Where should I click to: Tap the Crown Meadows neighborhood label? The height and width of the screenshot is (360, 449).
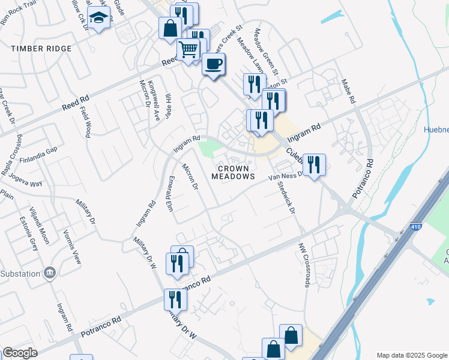click(234, 173)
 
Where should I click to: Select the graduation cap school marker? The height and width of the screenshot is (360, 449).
click(98, 17)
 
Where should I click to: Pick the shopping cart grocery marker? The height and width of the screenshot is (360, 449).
click(188, 50)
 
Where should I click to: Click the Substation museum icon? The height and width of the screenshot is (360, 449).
click(50, 273)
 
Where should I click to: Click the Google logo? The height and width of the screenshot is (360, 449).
click(20, 353)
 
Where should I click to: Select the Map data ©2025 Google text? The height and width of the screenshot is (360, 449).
click(411, 355)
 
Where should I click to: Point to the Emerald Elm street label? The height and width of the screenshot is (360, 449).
click(169, 193)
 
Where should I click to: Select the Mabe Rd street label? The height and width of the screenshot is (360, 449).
click(349, 91)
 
